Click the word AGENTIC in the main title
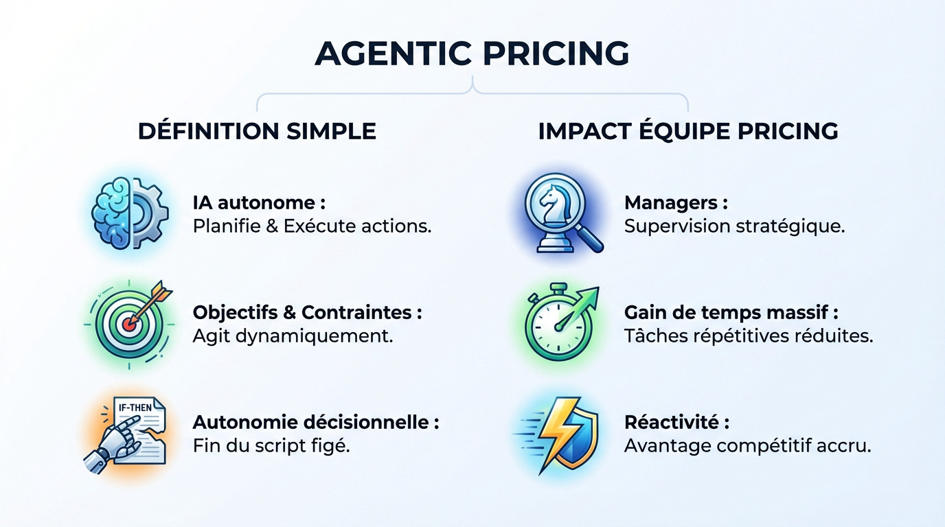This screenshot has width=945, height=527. (394, 54)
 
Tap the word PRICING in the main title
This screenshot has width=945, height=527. (551, 54)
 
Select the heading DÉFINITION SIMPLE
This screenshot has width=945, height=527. (257, 131)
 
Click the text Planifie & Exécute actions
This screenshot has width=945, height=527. (312, 226)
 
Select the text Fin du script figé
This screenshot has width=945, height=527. (271, 445)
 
